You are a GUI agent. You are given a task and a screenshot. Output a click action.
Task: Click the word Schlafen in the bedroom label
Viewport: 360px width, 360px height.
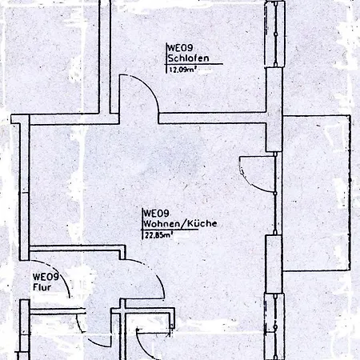[188, 58]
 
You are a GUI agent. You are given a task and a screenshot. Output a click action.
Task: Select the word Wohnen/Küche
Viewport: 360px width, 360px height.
[180, 223]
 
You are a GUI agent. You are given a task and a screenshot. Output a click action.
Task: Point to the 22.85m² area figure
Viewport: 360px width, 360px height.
[158, 235]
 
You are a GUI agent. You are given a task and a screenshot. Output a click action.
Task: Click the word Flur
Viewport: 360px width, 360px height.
[42, 287]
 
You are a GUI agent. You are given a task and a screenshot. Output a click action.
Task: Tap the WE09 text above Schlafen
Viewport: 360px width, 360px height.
[180, 48]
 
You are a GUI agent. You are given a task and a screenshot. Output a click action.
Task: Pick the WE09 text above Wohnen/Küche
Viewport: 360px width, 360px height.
[156, 214]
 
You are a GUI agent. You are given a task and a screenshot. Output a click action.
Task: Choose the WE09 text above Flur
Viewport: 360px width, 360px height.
[46, 277]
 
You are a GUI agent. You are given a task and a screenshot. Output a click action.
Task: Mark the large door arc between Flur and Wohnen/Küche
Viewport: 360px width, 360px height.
[154, 272]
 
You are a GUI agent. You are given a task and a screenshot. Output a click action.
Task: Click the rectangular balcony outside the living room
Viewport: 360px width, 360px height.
[317, 193]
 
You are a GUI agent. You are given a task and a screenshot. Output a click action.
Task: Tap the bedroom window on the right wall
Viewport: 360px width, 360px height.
[275, 34]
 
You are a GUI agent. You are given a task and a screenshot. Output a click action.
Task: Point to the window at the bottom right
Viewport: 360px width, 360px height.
[275, 326]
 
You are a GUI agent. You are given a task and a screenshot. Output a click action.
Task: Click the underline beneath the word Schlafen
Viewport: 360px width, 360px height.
[194, 64]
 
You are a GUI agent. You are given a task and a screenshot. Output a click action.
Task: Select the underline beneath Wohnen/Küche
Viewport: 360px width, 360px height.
[170, 230]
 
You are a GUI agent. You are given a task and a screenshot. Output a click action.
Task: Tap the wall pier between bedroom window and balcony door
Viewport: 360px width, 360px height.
[274, 110]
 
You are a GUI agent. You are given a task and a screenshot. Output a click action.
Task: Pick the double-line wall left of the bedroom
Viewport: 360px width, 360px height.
[105, 57]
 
